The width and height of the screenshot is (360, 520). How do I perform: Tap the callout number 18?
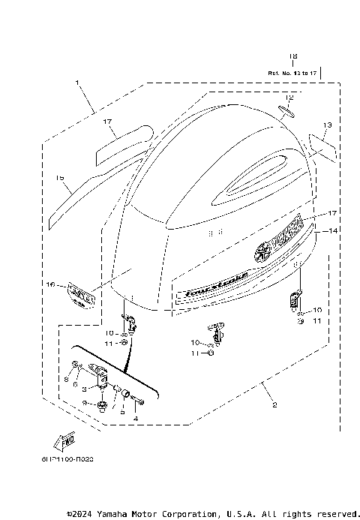coord(293,56)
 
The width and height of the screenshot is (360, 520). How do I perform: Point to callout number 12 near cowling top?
coord(289,98)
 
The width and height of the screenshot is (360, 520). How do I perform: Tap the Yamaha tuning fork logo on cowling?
coord(264,253)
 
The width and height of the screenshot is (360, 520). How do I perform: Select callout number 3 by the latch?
coord(84,389)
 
